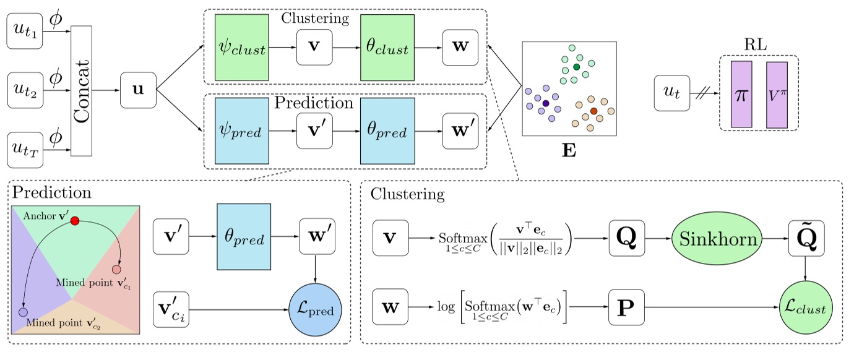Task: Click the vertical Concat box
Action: (x=82, y=90)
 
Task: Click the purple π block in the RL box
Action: (x=741, y=94)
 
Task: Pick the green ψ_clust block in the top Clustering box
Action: (x=241, y=48)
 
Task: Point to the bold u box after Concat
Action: (x=138, y=90)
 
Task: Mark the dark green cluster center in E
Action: (x=576, y=66)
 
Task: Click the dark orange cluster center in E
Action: (x=593, y=111)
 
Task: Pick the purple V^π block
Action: (x=776, y=94)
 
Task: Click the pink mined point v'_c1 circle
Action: (x=116, y=270)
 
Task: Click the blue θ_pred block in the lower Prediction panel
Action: (x=243, y=236)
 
